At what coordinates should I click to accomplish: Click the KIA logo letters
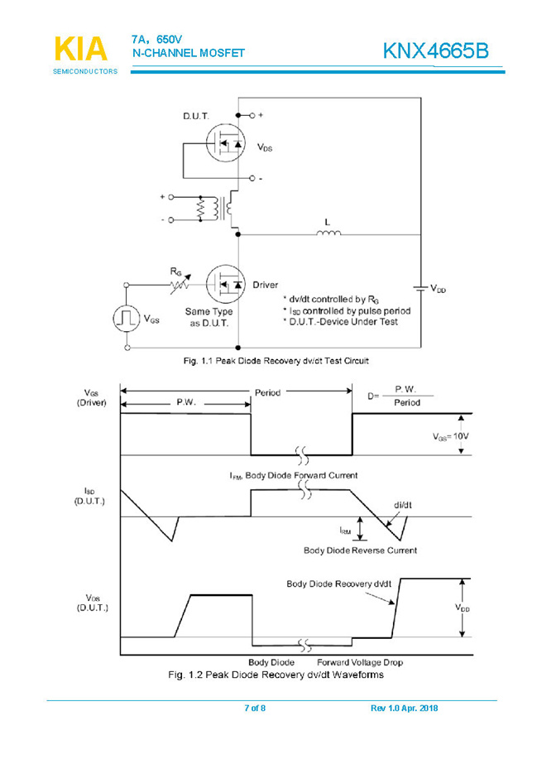click(80, 49)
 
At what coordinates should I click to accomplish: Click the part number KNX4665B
click(435, 51)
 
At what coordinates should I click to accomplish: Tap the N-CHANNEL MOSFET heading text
click(189, 53)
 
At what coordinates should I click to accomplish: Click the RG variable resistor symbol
click(180, 284)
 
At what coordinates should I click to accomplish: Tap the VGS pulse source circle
click(127, 318)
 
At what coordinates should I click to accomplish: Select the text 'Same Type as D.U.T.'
click(209, 317)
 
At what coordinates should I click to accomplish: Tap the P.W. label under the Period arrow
click(187, 401)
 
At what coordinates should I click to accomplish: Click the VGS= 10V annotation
click(450, 435)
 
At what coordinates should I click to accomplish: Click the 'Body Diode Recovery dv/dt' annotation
click(338, 584)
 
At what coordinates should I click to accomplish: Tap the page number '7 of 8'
click(255, 708)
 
